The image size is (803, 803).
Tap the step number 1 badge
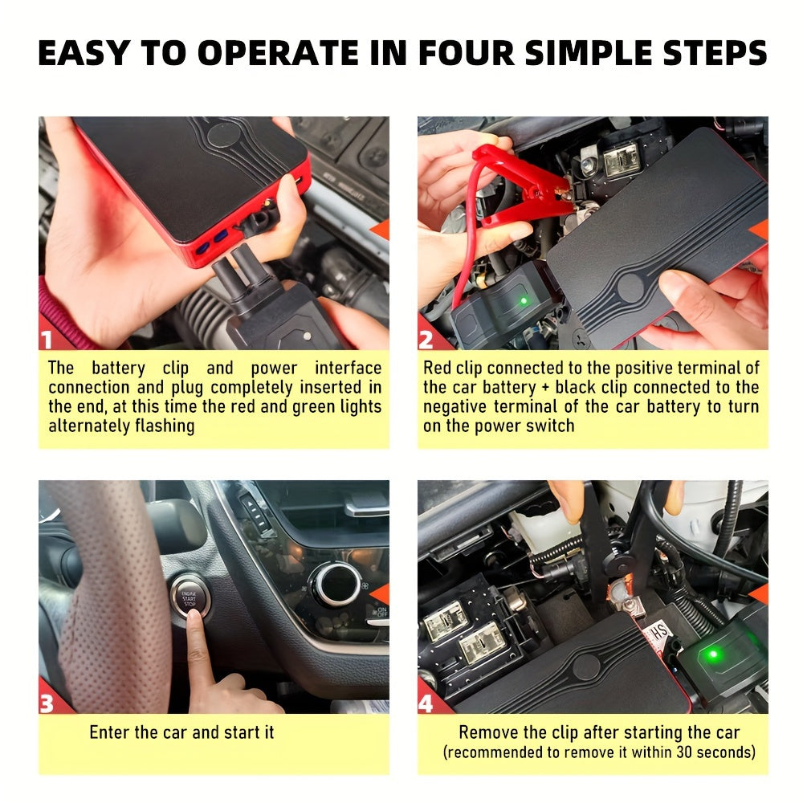(47, 340)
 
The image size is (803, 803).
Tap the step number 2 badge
(426, 340)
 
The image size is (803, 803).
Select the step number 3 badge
(47, 703)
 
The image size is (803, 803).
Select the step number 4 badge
(426, 703)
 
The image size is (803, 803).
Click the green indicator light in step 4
(711, 655)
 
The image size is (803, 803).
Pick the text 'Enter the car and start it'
(181, 732)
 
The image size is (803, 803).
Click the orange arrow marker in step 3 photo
(380, 593)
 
